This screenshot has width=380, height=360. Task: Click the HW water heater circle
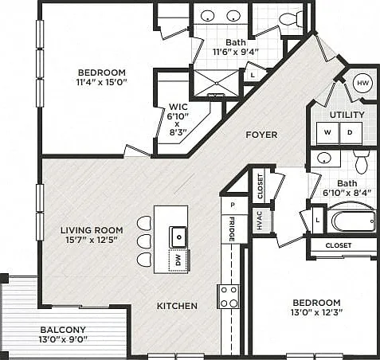coord(362,83)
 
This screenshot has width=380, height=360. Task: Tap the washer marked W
coord(328,133)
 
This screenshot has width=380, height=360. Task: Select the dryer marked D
coord(351,133)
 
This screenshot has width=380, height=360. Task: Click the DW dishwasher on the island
coord(178,260)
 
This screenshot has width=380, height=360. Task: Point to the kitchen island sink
coord(178,237)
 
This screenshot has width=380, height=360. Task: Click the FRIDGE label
coord(232,229)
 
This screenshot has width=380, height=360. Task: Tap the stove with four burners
coord(229,296)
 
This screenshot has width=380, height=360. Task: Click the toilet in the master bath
coord(291,19)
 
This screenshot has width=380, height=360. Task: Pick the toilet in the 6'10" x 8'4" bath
coord(361,162)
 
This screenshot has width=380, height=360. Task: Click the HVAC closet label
coord(260,221)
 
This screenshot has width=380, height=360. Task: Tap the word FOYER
coord(261,135)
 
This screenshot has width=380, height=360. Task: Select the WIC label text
coord(178,107)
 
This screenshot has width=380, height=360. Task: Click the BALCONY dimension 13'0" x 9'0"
coord(63,339)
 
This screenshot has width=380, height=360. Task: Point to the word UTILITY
coord(347,115)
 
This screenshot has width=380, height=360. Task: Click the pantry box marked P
coord(233,205)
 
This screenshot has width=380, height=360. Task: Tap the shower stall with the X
coord(217,83)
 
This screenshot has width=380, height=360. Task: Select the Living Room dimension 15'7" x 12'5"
coord(92,240)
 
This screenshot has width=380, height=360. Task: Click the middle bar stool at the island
coord(144,241)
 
